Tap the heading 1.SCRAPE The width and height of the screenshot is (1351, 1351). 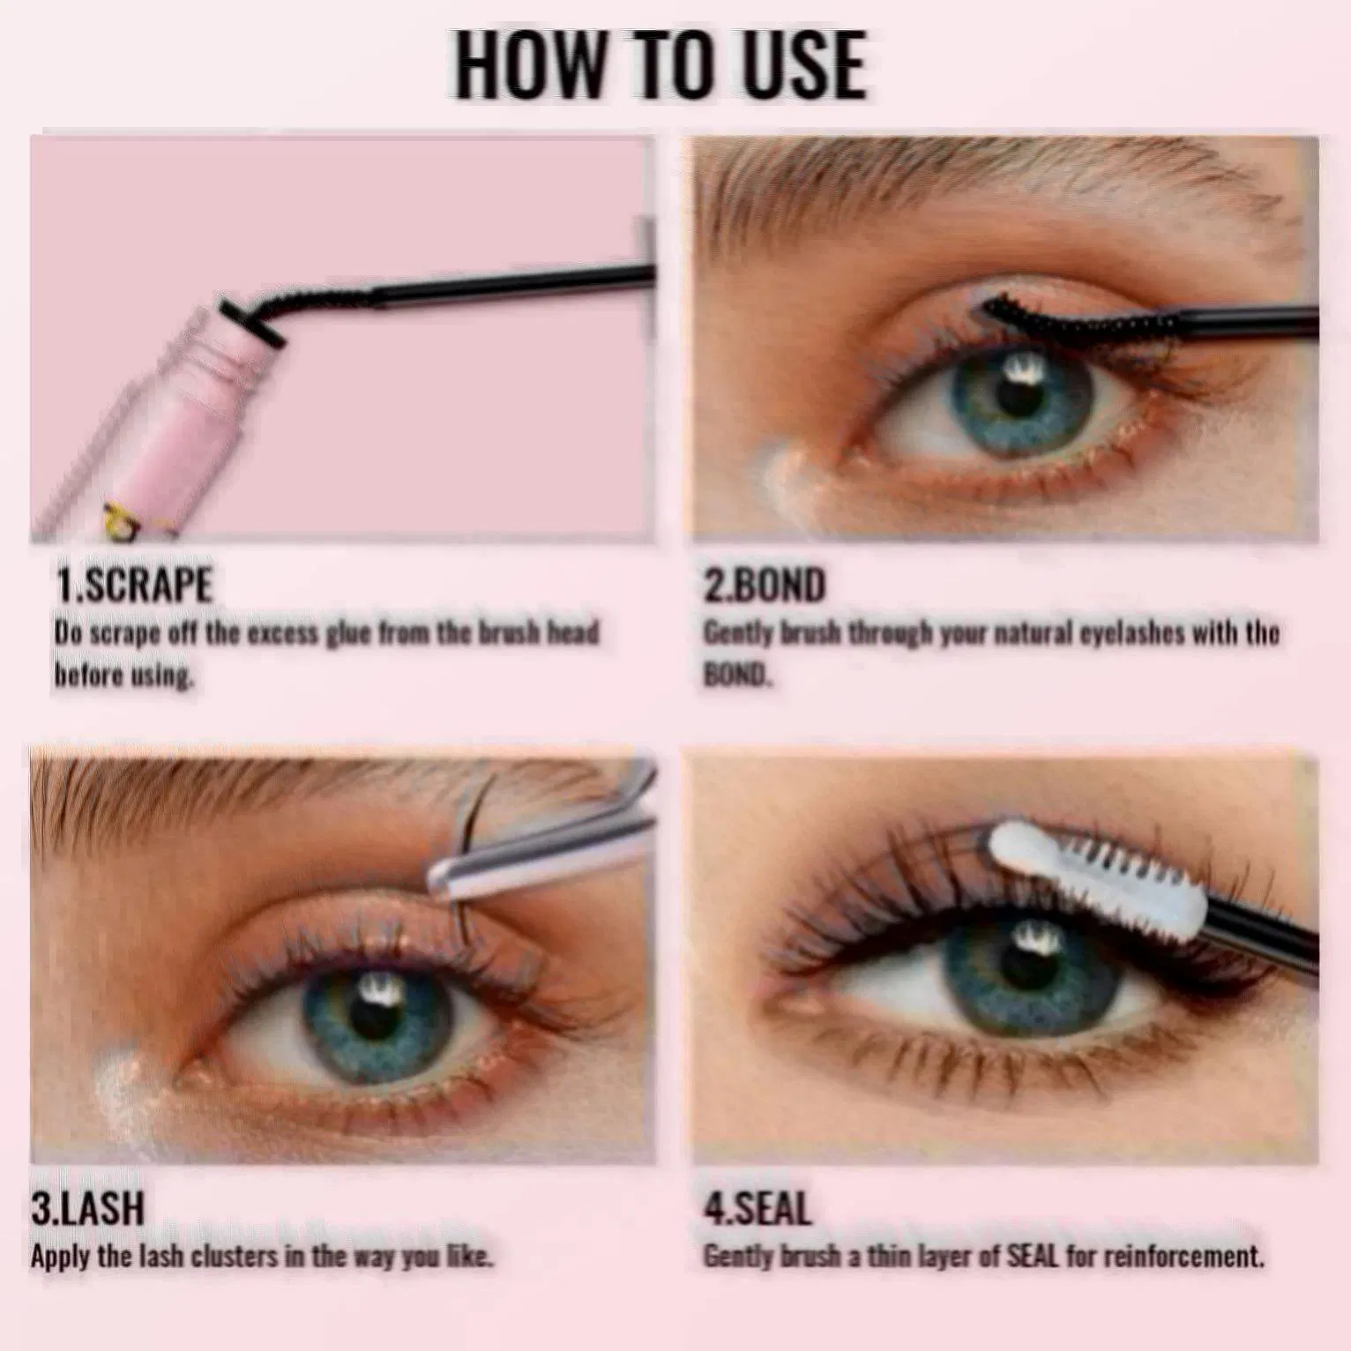134,585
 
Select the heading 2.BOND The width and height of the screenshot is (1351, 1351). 764,585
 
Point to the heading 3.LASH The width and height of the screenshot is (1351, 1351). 87,1208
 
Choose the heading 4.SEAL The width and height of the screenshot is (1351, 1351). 757,1208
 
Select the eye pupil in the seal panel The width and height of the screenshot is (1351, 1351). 1027,961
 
